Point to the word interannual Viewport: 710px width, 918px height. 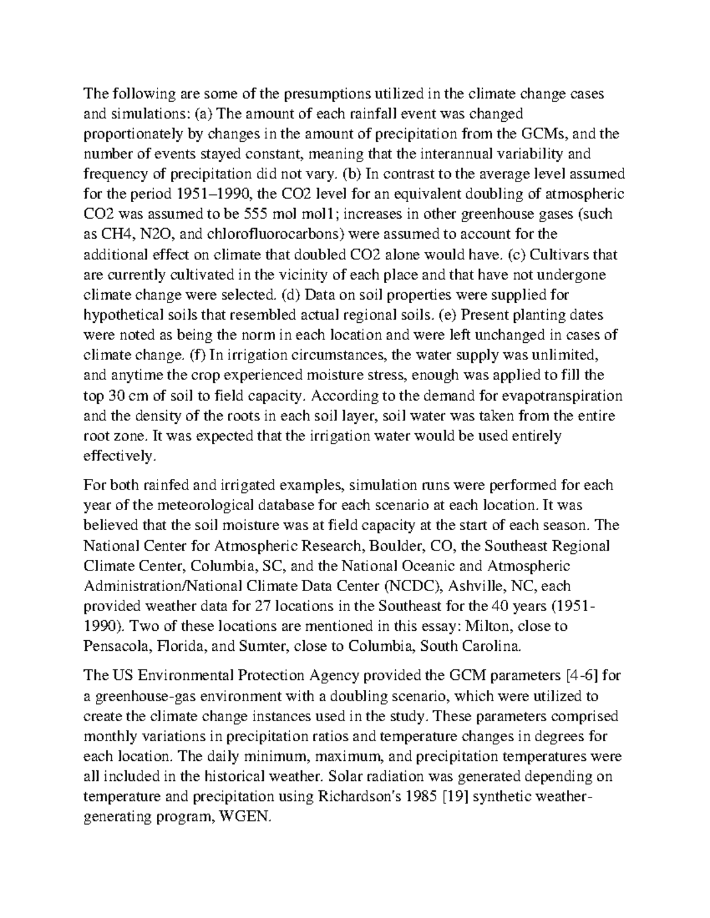click(x=458, y=154)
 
